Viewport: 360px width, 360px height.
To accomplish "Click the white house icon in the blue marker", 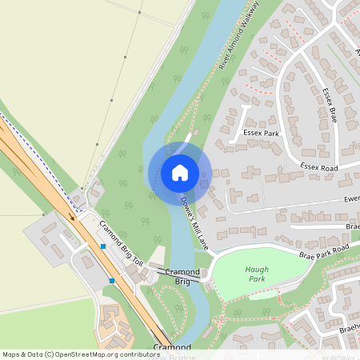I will click(x=180, y=173).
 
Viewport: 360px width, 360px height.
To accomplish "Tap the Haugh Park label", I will click(x=257, y=276).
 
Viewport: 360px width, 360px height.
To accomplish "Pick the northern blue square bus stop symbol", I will click(x=103, y=246).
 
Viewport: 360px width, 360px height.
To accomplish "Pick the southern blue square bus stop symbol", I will click(x=112, y=281).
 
